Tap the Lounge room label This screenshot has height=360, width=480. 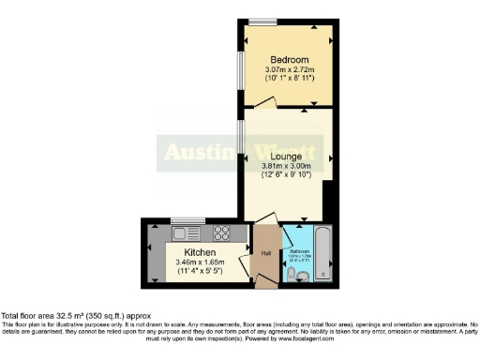tap(285, 157)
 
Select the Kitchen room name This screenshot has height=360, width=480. tap(200, 253)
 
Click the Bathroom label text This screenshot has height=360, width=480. tap(299, 250)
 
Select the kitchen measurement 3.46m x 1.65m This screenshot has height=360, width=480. tap(200, 263)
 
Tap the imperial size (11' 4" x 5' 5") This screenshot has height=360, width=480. tap(200, 273)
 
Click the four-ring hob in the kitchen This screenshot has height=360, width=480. tap(223, 232)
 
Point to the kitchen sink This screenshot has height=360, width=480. tap(186, 232)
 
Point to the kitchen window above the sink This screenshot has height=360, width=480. tap(184, 220)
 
